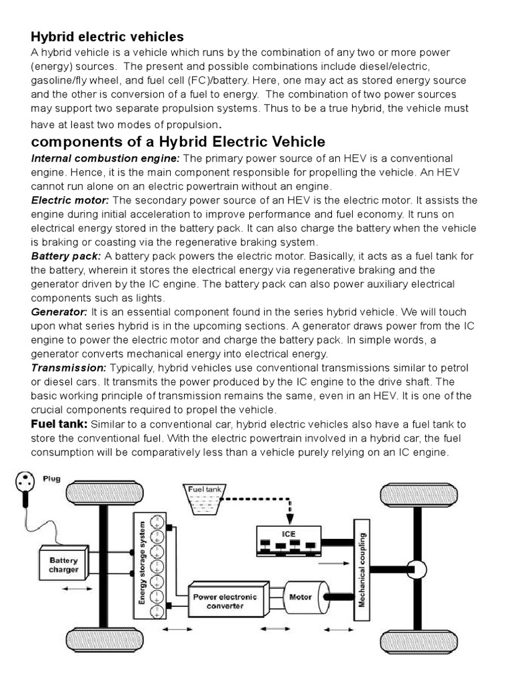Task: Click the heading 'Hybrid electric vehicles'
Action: pos(107,36)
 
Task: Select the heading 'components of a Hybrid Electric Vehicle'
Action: pos(179,141)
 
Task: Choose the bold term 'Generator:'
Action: pos(59,311)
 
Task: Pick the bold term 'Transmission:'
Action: pos(69,368)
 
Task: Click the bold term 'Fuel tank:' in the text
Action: pos(59,424)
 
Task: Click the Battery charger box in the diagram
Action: pos(63,565)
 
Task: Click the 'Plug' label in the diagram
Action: pos(53,478)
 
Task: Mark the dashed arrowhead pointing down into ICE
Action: pos(289,518)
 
